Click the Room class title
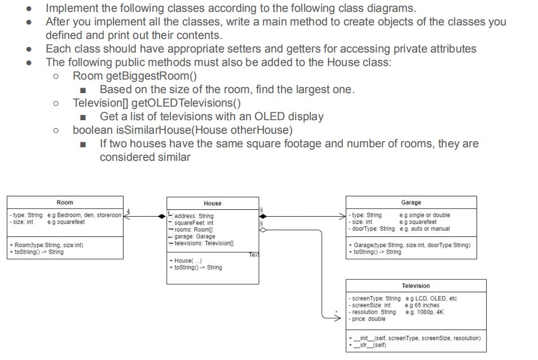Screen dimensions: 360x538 click(x=65, y=203)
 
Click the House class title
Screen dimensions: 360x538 click(x=213, y=203)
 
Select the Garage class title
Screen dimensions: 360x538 click(x=411, y=203)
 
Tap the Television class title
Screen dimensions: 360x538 click(x=416, y=286)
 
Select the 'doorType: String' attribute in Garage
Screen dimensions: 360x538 click(x=372, y=229)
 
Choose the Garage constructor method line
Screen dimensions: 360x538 click(x=410, y=245)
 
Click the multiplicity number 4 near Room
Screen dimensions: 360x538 click(x=128, y=210)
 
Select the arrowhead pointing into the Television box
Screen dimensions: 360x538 click(x=341, y=318)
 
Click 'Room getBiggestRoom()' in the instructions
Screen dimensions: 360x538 click(x=135, y=75)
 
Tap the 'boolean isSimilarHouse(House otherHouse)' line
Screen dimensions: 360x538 click(x=183, y=130)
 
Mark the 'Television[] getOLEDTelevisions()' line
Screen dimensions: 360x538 click(x=157, y=103)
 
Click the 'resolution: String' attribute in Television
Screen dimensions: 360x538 click(x=373, y=312)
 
